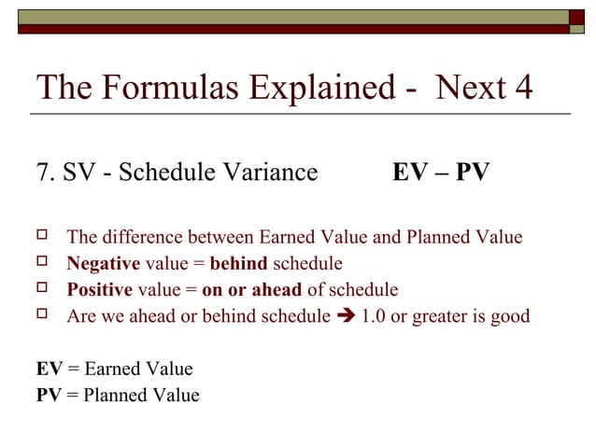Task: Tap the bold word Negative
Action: click(x=103, y=263)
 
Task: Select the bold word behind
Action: click(x=238, y=263)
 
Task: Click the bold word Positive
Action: click(x=99, y=289)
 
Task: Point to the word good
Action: click(x=507, y=316)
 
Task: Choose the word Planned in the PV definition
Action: click(x=114, y=395)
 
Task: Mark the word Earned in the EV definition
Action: click(x=112, y=369)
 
